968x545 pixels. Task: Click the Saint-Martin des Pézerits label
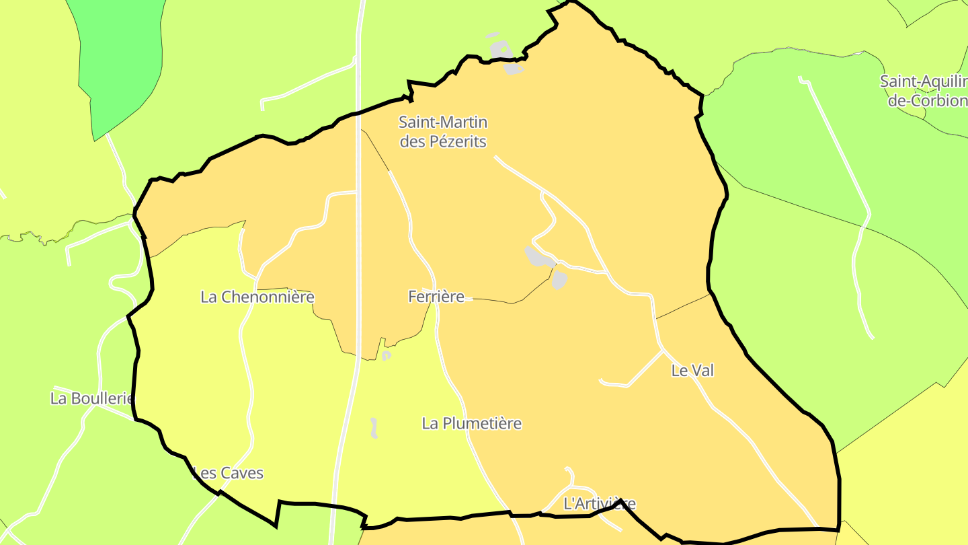[442, 132]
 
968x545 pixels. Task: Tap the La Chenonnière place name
[257, 297]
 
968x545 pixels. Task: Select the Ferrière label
[436, 297]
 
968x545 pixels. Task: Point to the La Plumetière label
[472, 423]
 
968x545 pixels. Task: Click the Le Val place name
[692, 370]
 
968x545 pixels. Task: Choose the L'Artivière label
[599, 503]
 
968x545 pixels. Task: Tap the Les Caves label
[229, 473]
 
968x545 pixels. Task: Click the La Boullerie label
[93, 398]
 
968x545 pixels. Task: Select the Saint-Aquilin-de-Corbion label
[924, 91]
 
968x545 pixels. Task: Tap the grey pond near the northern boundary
[505, 55]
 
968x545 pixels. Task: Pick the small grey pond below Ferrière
[387, 355]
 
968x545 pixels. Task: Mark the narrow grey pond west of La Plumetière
[374, 428]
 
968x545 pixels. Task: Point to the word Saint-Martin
[442, 122]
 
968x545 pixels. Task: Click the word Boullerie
[102, 398]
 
